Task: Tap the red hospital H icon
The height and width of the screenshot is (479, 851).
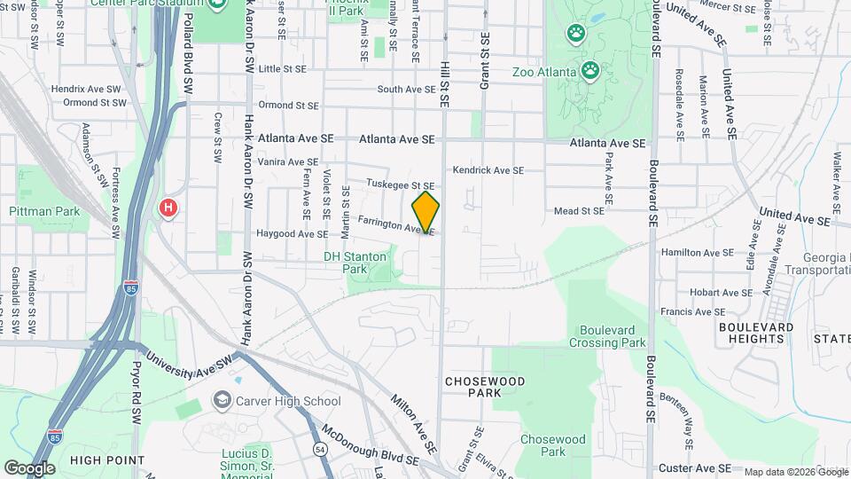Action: click(x=168, y=208)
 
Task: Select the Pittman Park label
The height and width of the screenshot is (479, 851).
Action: click(x=44, y=211)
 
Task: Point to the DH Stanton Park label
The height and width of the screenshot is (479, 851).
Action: click(x=355, y=262)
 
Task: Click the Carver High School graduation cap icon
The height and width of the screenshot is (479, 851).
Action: click(x=220, y=401)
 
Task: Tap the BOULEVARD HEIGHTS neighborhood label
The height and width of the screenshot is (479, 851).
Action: click(x=756, y=333)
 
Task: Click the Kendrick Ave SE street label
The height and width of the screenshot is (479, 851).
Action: click(x=488, y=170)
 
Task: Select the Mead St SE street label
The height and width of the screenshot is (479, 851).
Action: click(x=578, y=211)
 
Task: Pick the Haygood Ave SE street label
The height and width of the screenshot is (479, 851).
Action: click(x=293, y=234)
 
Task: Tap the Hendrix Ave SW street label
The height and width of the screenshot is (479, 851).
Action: click(x=86, y=90)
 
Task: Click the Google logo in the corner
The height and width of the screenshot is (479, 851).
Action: click(x=28, y=467)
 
